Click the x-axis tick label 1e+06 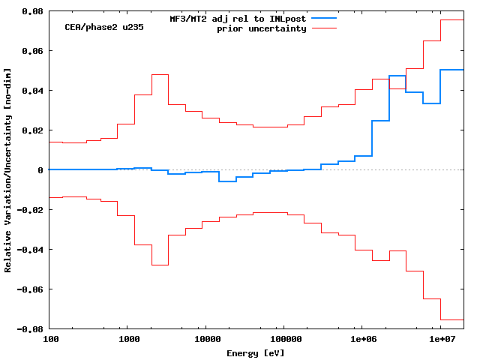pos(362,340)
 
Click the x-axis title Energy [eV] pos(256,352)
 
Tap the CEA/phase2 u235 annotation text pos(104,27)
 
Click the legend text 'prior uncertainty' pos(262,28)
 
